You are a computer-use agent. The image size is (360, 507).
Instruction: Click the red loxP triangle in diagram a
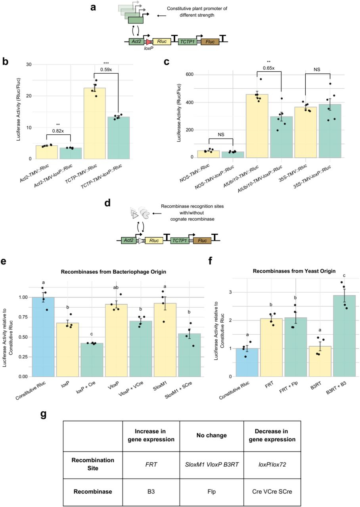(x=149, y=42)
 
